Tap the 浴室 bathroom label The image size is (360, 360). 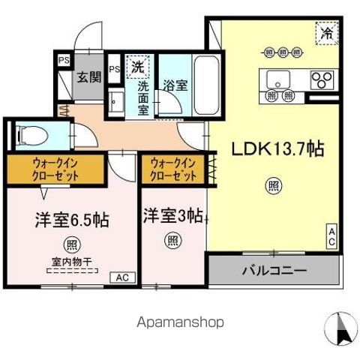click(x=177, y=85)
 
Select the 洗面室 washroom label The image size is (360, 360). click(x=143, y=97)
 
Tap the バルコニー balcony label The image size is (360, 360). click(x=274, y=270)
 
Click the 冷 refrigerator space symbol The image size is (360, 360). click(x=327, y=32)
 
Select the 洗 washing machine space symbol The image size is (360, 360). click(x=137, y=67)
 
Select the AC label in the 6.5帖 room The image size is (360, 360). click(x=122, y=276)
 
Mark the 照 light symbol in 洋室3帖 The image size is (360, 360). click(x=172, y=241)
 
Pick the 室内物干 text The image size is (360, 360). click(x=72, y=262)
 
